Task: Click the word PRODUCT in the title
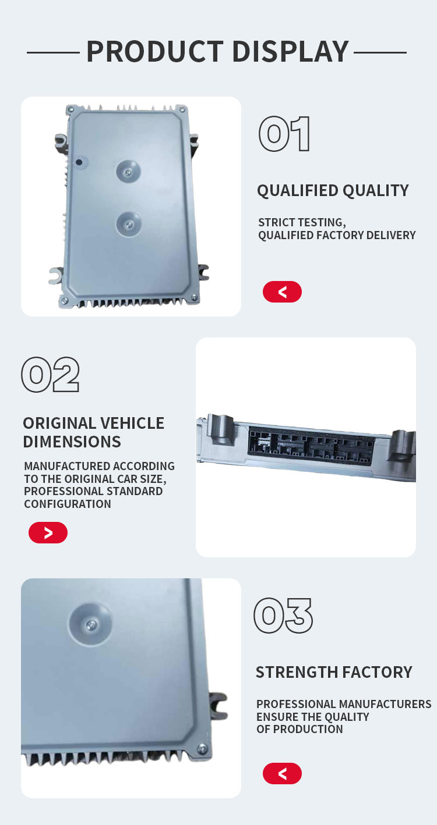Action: click(x=155, y=52)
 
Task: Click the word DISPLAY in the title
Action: click(x=291, y=52)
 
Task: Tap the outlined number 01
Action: click(x=284, y=134)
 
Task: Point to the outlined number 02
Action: click(x=50, y=374)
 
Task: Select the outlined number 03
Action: click(x=283, y=616)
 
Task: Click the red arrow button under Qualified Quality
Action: click(x=282, y=291)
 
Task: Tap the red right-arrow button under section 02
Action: click(x=48, y=532)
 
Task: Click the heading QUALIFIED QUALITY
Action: click(x=333, y=191)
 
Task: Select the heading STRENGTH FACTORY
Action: click(x=334, y=672)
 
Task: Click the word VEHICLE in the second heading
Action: click(x=132, y=423)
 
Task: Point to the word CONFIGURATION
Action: click(x=68, y=504)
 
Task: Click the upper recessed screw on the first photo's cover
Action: click(x=128, y=172)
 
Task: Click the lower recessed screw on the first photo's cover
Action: click(x=129, y=225)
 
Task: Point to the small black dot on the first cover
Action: click(x=79, y=162)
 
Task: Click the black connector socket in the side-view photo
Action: click(x=312, y=444)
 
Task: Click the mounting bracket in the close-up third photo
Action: click(x=218, y=706)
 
